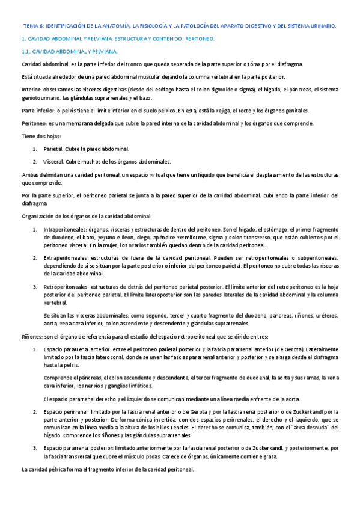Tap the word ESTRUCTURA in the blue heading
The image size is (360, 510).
coord(126,38)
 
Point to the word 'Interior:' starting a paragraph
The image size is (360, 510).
coord(31,90)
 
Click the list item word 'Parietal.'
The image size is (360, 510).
coord(54,149)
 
